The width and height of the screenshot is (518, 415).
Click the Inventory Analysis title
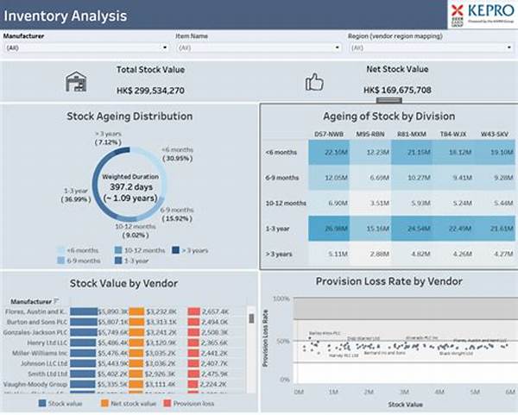coord(65,16)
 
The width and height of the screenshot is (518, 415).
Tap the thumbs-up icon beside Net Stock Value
coord(314,82)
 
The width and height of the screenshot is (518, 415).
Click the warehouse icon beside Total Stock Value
coord(77,82)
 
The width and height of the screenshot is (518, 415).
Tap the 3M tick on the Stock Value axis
coord(395,392)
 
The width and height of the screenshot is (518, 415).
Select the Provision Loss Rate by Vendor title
coord(388,280)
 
